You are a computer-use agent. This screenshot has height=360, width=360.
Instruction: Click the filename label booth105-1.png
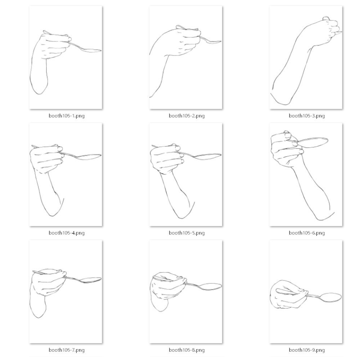(67, 116)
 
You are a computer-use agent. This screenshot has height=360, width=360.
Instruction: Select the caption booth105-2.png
(186, 116)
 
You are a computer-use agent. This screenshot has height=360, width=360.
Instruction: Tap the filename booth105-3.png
(307, 116)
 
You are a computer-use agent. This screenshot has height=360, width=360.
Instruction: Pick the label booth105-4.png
(67, 233)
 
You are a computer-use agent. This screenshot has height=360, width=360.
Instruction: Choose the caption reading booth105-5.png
(186, 233)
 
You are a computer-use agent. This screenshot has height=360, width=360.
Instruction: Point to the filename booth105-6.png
(307, 233)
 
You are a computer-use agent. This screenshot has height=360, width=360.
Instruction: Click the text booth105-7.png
(67, 350)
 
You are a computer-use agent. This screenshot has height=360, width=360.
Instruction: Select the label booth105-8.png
(186, 350)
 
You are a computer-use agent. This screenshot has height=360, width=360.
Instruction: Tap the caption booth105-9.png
(307, 350)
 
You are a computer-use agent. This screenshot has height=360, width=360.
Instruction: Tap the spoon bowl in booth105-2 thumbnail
(213, 42)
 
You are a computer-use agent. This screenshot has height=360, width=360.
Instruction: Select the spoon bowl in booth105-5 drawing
(208, 156)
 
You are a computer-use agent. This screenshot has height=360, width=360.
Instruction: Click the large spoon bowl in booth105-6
(313, 143)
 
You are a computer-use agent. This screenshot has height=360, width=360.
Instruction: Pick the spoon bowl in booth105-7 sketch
(91, 280)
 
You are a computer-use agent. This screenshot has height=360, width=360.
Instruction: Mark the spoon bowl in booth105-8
(211, 287)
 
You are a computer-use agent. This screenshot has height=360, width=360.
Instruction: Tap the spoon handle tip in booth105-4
(32, 146)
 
